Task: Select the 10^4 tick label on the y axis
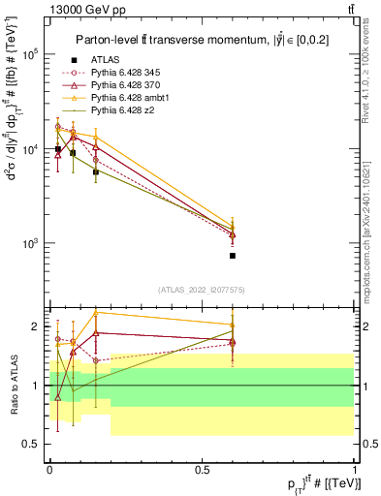tap(29, 149)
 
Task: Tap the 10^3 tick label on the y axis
tap(29, 243)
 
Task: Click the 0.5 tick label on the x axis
tap(202, 468)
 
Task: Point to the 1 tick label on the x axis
tap(355, 468)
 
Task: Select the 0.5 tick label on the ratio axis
tap(32, 444)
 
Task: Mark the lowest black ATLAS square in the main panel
tap(233, 256)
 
